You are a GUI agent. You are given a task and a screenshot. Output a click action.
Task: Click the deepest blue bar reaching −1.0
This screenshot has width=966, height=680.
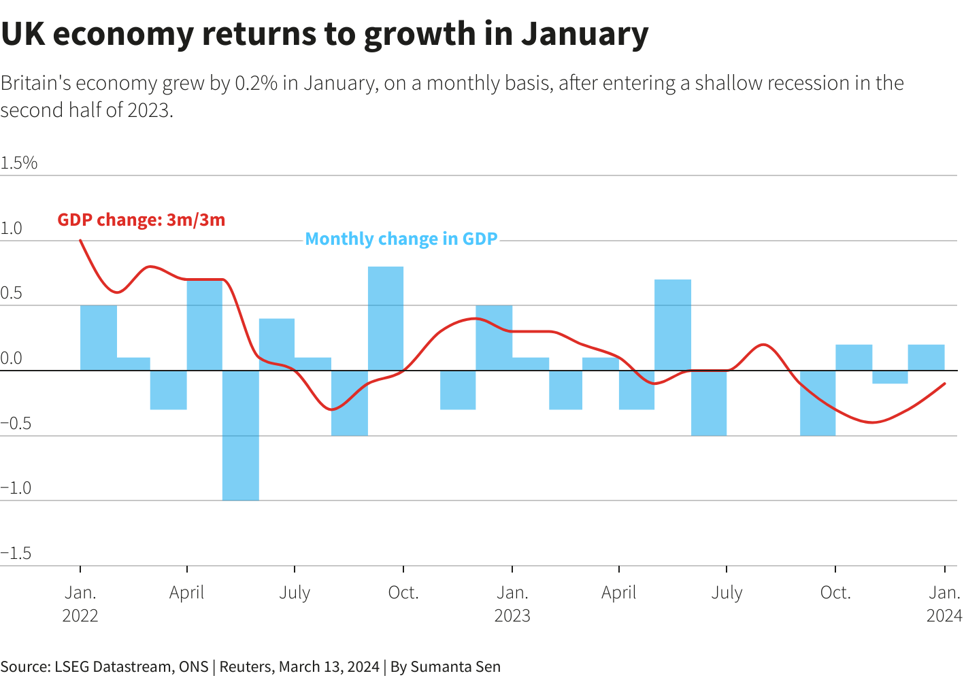241,435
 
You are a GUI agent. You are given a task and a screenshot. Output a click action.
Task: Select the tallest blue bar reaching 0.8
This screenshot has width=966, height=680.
386,318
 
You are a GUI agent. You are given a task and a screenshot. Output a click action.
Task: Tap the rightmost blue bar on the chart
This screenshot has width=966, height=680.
926,358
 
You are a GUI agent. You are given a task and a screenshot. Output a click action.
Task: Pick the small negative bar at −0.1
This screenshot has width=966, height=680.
890,377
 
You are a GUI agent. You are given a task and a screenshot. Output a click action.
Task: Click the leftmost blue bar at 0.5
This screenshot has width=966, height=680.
99,338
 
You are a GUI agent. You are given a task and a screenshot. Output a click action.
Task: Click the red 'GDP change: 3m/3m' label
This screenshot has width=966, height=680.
141,220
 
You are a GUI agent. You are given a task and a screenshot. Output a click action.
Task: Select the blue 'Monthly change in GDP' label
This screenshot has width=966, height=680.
401,239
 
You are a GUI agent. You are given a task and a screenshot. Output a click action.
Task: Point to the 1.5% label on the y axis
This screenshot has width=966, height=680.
19,163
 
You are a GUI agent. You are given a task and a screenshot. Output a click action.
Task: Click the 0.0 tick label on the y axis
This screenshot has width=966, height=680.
12,358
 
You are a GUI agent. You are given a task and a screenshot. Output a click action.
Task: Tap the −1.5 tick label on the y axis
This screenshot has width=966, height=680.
16,554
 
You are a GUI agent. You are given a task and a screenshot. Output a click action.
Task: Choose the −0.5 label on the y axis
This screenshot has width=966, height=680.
16,424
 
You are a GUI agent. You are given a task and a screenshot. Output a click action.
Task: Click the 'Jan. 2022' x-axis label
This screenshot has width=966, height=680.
80,604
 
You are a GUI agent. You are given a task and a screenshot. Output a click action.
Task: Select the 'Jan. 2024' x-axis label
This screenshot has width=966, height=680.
944,604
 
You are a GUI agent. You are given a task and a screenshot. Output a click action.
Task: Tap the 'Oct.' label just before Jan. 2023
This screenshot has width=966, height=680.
403,593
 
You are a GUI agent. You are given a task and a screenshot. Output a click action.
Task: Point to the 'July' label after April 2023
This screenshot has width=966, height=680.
727,593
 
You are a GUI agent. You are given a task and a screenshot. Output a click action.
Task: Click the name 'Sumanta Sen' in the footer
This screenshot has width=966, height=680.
455,666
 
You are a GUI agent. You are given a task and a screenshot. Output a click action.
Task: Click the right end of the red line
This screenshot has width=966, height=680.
944,384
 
